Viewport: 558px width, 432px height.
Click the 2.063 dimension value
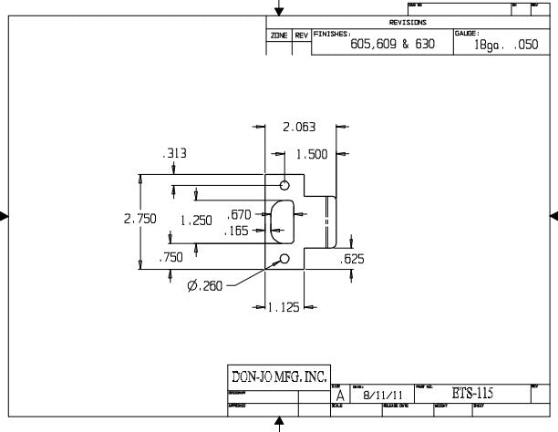[300, 128]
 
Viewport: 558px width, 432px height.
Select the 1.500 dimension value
[312, 154]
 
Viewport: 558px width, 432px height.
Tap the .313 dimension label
[174, 154]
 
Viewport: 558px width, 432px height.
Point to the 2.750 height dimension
[139, 219]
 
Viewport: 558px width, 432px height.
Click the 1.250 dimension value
[196, 220]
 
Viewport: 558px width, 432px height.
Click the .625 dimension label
[352, 260]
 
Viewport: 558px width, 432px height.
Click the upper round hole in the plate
[284, 181]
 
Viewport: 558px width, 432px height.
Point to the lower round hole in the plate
[284, 260]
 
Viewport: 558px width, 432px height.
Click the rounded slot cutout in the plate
[282, 220]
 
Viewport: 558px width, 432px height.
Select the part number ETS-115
[472, 394]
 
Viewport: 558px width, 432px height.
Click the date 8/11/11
[381, 396]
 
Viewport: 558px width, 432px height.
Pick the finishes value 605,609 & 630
[392, 44]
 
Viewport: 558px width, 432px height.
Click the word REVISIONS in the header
[408, 23]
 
